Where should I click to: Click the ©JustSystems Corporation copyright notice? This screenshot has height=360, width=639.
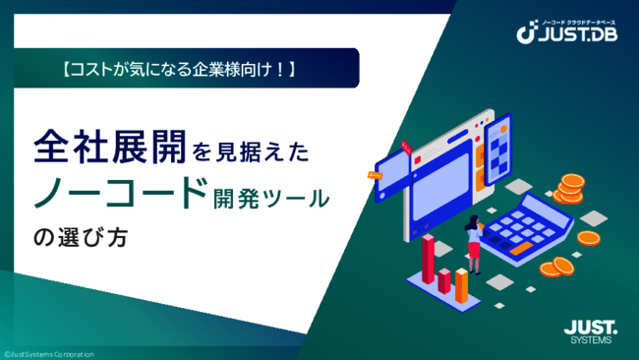pos(48,353)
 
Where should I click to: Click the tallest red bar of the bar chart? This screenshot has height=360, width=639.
pos(429,258)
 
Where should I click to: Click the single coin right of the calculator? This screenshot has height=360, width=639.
pos(589,237)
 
